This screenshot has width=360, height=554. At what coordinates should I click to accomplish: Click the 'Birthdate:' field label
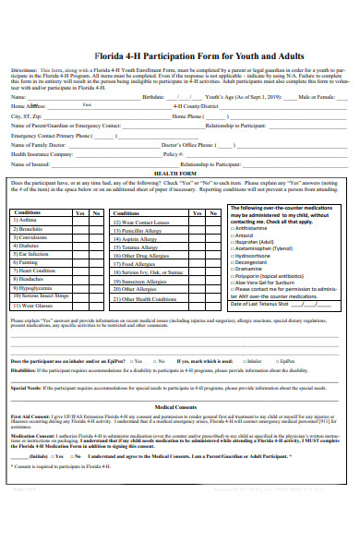point(153,96)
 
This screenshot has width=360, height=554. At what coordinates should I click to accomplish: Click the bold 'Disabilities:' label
point(24,368)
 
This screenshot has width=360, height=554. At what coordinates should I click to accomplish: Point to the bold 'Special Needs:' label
point(26,387)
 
